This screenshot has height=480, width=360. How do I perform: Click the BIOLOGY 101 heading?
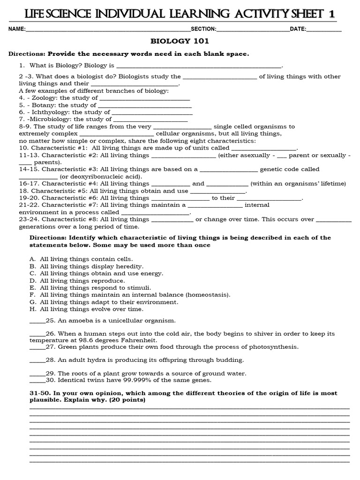point(180,41)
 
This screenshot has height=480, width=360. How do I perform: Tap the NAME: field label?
point(17,29)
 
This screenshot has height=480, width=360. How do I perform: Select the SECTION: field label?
point(203,29)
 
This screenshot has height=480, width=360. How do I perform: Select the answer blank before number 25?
point(37,321)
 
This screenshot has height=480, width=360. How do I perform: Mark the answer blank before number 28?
point(37,360)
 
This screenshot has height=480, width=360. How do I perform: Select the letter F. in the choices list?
point(32,295)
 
